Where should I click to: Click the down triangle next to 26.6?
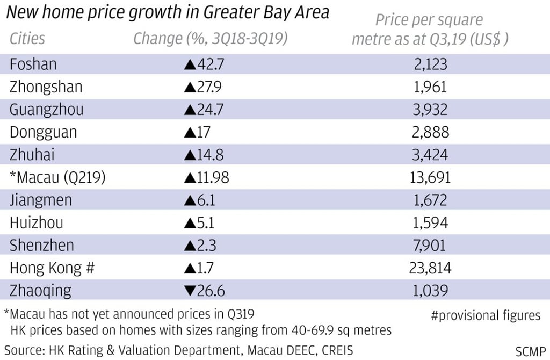[x=190, y=291]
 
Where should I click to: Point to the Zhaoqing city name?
[x=40, y=291]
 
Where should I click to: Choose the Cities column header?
[x=27, y=39]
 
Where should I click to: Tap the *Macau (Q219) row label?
[x=57, y=178]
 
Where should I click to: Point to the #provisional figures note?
[x=486, y=315]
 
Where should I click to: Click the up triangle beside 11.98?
[x=190, y=178]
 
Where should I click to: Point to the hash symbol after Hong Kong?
[x=90, y=268]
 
